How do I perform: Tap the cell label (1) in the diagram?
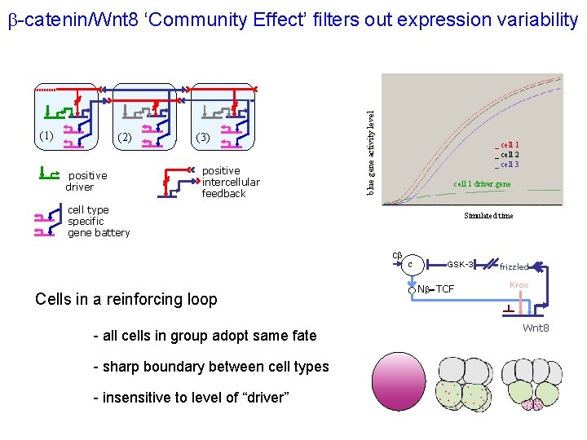46,134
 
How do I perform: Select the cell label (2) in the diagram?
125,137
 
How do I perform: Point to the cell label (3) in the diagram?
202,137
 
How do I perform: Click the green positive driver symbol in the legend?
49,173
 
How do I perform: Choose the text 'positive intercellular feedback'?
230,182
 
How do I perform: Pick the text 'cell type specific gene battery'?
98,221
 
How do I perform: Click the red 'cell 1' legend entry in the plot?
510,144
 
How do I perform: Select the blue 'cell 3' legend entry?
510,164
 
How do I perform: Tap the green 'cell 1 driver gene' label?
482,184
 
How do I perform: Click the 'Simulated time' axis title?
488,216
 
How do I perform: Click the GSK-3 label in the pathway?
461,264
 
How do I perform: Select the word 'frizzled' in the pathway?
514,266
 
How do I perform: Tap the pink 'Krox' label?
519,284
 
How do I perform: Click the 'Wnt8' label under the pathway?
536,328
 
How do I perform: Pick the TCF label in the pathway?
445,289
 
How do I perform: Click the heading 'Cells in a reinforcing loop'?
126,298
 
